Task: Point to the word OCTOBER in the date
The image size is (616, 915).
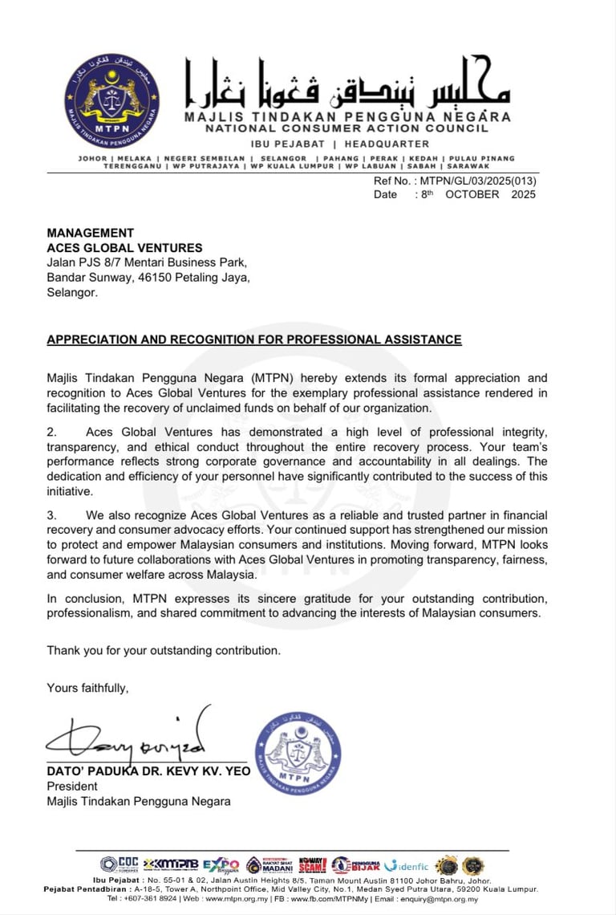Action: tap(472, 194)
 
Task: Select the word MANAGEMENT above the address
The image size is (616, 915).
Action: tap(91, 234)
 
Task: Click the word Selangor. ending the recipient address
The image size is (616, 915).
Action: tap(72, 293)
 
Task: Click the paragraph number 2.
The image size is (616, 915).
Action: tap(51, 433)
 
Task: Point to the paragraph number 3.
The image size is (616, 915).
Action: tap(51, 515)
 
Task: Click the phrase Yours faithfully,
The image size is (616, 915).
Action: tap(87, 688)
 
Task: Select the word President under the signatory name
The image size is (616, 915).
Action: tap(72, 787)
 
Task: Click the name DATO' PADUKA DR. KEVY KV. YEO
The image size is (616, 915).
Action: tap(148, 771)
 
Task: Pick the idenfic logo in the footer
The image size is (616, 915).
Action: tap(407, 865)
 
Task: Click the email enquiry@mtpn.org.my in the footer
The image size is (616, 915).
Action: tap(442, 899)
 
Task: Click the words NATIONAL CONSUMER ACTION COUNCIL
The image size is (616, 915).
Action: tap(346, 128)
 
